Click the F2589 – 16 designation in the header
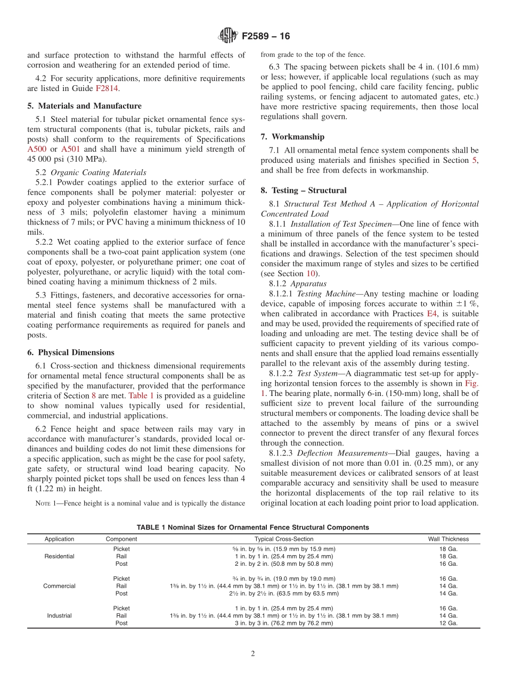[266, 37]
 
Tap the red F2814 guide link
[107, 88]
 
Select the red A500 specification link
[37, 149]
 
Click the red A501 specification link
[71, 149]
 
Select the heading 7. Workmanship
[292, 137]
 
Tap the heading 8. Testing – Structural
[304, 190]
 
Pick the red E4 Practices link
[432, 314]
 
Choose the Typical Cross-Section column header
[284, 539]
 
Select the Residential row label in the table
[60, 556]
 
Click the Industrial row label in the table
[60, 616]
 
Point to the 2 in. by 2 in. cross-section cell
[284, 564]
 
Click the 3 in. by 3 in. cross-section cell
[284, 623]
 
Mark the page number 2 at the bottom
[253, 654]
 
